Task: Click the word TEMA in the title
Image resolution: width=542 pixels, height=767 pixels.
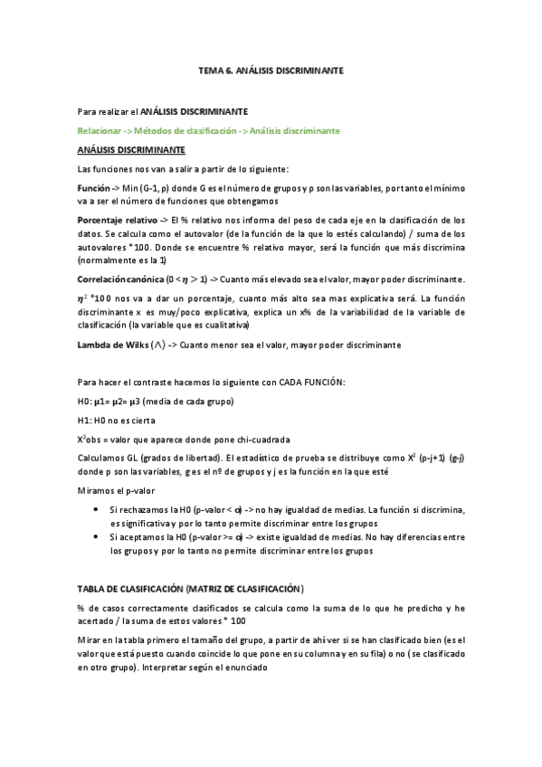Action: coord(210,69)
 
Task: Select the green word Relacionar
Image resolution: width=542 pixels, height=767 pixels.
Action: coord(100,131)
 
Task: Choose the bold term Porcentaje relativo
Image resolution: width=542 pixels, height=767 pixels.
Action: coord(117,220)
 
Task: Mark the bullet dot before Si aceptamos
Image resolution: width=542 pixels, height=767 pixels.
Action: coord(98,537)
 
